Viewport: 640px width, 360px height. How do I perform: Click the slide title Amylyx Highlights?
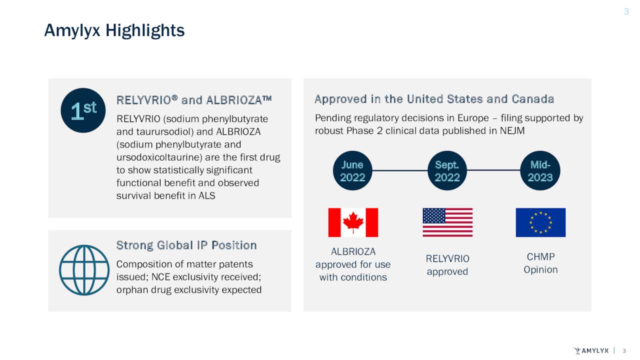tap(114, 30)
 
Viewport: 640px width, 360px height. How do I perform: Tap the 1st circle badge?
tap(83, 110)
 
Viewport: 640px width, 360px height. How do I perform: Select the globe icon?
tap(84, 270)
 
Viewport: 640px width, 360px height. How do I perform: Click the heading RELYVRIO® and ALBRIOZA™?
tap(194, 100)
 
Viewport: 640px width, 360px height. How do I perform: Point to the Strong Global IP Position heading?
tap(186, 245)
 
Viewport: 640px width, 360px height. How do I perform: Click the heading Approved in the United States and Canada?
tap(434, 99)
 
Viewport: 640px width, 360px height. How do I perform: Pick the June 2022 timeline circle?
tap(352, 170)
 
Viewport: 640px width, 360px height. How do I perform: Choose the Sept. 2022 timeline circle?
tap(447, 170)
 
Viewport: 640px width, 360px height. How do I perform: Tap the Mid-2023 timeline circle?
tap(540, 170)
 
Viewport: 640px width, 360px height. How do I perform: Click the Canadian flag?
tap(353, 222)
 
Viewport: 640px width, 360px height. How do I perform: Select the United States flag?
tap(447, 222)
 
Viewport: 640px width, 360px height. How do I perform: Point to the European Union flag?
tap(540, 222)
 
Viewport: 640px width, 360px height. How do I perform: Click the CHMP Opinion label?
tap(540, 263)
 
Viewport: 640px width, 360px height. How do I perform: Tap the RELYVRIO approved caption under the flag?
tap(447, 265)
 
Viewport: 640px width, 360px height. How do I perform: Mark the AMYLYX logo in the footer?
tap(590, 350)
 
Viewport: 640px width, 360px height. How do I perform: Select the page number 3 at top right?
tap(626, 11)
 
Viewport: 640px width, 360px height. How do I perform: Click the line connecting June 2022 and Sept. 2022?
tap(400, 170)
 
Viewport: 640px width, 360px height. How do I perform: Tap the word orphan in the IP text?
tap(131, 290)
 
